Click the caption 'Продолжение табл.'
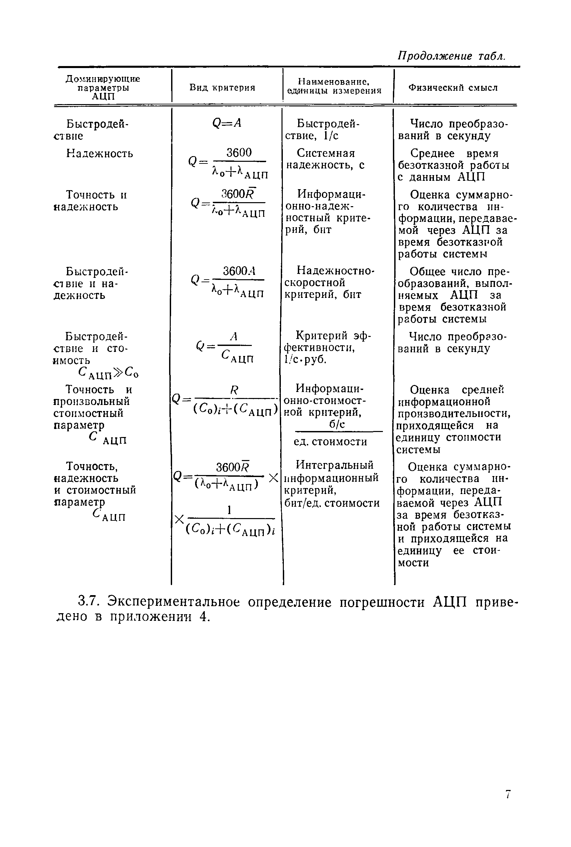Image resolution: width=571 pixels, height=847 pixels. [451, 56]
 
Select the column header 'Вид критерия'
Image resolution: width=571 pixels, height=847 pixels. [222, 87]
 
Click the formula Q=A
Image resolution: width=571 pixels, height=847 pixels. [227, 124]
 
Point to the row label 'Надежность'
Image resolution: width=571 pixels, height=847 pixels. [99, 154]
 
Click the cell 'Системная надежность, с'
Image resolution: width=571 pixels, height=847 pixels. [325, 159]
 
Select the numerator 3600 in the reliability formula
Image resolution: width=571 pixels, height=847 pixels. [239, 152]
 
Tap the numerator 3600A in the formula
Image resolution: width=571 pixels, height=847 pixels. [239, 271]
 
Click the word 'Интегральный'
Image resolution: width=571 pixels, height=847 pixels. [335, 465]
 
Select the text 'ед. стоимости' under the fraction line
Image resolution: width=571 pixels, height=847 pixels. [330, 442]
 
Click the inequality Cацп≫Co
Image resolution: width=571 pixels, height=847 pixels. [108, 373]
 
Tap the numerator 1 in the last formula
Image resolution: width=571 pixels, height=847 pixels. [229, 510]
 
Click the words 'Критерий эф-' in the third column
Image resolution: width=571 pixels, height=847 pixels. [333, 335]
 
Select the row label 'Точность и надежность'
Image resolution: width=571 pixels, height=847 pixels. [91, 200]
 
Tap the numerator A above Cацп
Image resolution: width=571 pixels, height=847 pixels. [234, 336]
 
